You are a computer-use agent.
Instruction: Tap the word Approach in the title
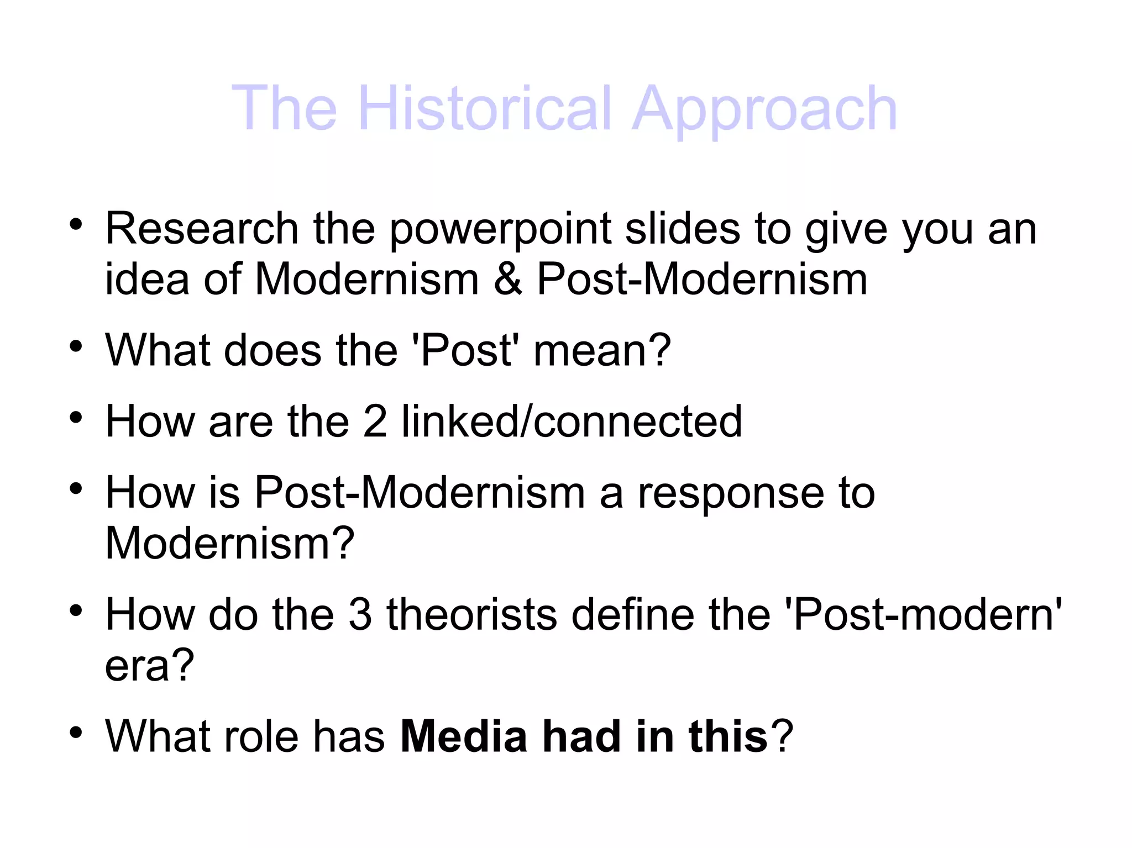[764, 109]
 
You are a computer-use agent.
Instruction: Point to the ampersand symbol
[508, 279]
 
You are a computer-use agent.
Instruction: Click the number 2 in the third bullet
[375, 422]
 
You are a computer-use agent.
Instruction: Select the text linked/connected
[572, 422]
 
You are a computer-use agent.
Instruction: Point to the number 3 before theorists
[360, 614]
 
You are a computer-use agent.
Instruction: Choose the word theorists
[471, 614]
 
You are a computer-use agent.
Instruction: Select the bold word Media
[464, 736]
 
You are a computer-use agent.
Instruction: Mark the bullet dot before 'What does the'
[76, 347]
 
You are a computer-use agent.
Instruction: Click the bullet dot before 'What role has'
[76, 733]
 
